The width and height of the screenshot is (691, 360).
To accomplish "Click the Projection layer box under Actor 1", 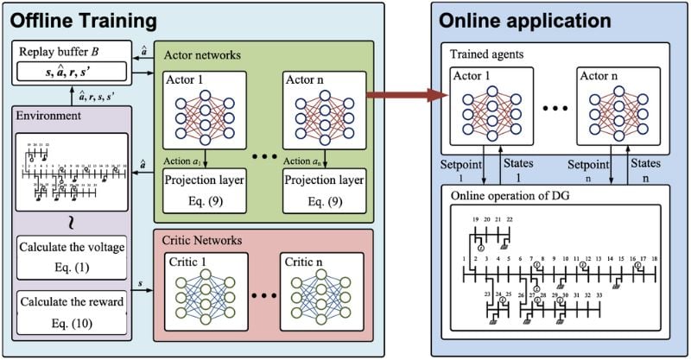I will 206,190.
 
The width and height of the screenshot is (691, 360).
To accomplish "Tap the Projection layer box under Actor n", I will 323,190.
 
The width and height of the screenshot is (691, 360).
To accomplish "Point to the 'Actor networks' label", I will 201,55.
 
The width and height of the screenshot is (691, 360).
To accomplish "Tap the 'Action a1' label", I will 182,157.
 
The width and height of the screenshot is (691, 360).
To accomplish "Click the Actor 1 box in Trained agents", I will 490,108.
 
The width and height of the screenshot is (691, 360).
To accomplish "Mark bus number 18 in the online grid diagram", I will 654,258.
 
